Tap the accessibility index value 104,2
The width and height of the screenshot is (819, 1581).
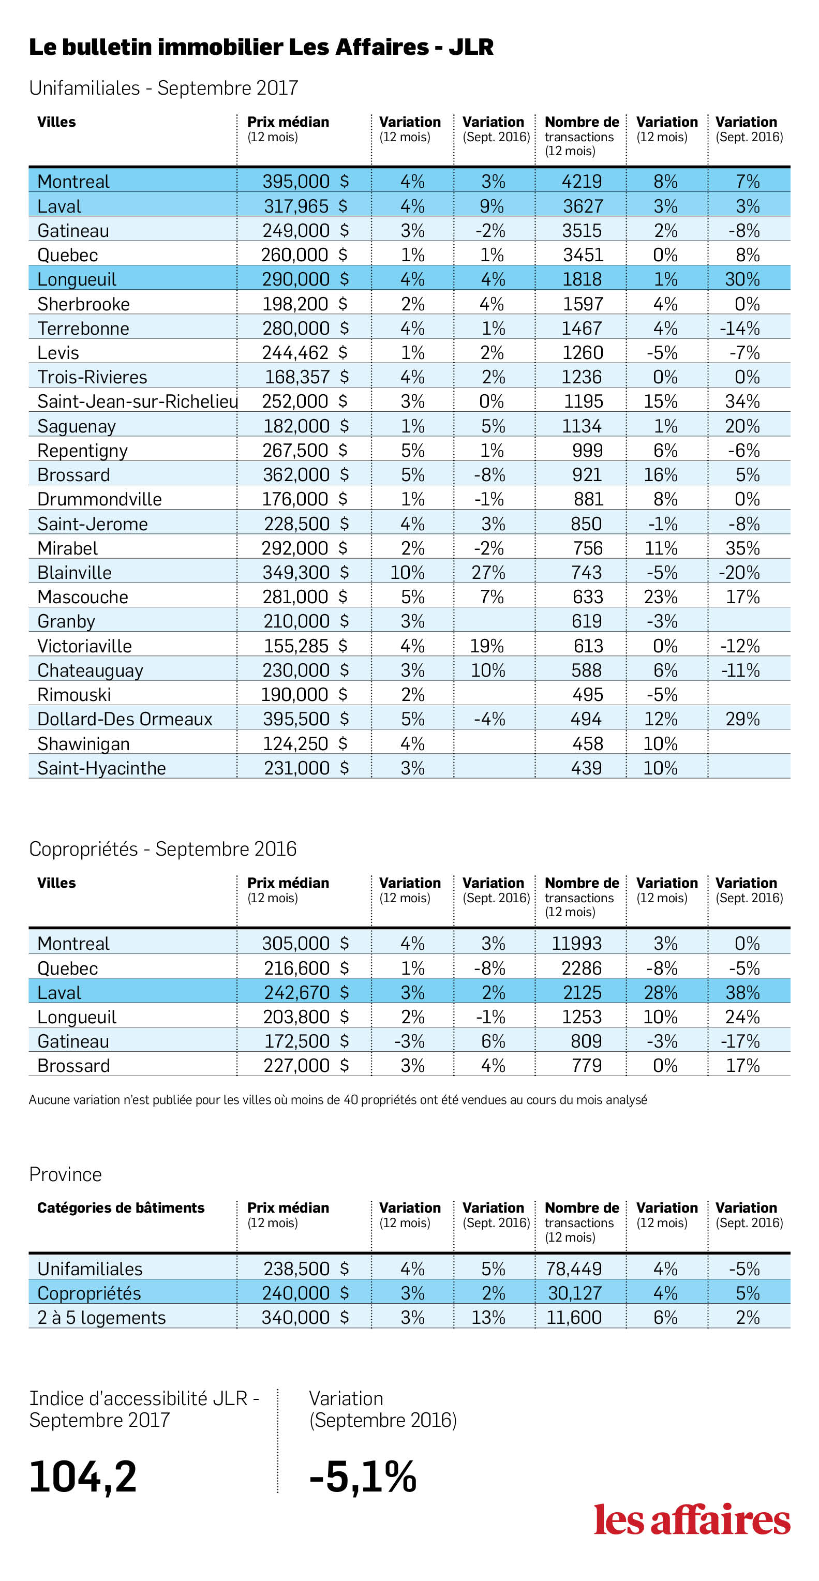pyautogui.click(x=83, y=1476)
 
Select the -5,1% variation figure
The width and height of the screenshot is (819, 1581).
pyautogui.click(x=363, y=1476)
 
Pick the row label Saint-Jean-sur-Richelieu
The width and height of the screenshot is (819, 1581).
pyautogui.click(x=138, y=401)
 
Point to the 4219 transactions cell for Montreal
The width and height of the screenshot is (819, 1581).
pyautogui.click(x=582, y=182)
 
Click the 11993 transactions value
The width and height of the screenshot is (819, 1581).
pyautogui.click(x=576, y=943)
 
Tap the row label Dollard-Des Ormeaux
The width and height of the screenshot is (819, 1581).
pyautogui.click(x=125, y=719)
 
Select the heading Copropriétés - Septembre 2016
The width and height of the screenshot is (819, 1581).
pyautogui.click(x=162, y=849)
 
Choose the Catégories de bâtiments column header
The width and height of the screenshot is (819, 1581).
pyautogui.click(x=121, y=1208)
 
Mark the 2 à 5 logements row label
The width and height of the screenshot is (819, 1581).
pyautogui.click(x=101, y=1318)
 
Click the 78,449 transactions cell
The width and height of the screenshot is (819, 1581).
pyautogui.click(x=574, y=1269)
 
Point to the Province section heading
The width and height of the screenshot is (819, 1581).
pyautogui.click(x=66, y=1174)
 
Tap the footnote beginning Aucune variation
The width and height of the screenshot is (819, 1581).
pyautogui.click(x=338, y=1100)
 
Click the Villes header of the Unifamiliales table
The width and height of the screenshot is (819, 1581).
pyautogui.click(x=56, y=122)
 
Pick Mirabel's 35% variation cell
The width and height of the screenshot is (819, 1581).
pyautogui.click(x=742, y=548)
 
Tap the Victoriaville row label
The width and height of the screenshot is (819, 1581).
pyautogui.click(x=85, y=646)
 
